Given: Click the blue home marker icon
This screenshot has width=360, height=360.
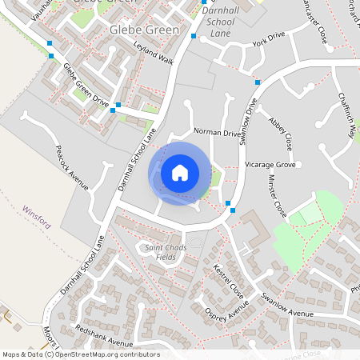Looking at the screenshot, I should (180, 173).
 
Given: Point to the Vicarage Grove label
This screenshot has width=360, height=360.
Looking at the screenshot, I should (271, 165).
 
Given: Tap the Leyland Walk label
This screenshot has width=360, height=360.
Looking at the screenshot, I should (154, 54).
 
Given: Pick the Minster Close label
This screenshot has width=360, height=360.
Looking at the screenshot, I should (277, 197).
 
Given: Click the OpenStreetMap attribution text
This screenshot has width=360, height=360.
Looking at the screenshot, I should (81, 354).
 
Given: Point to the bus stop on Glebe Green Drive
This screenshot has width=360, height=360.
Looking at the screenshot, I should (118, 105).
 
